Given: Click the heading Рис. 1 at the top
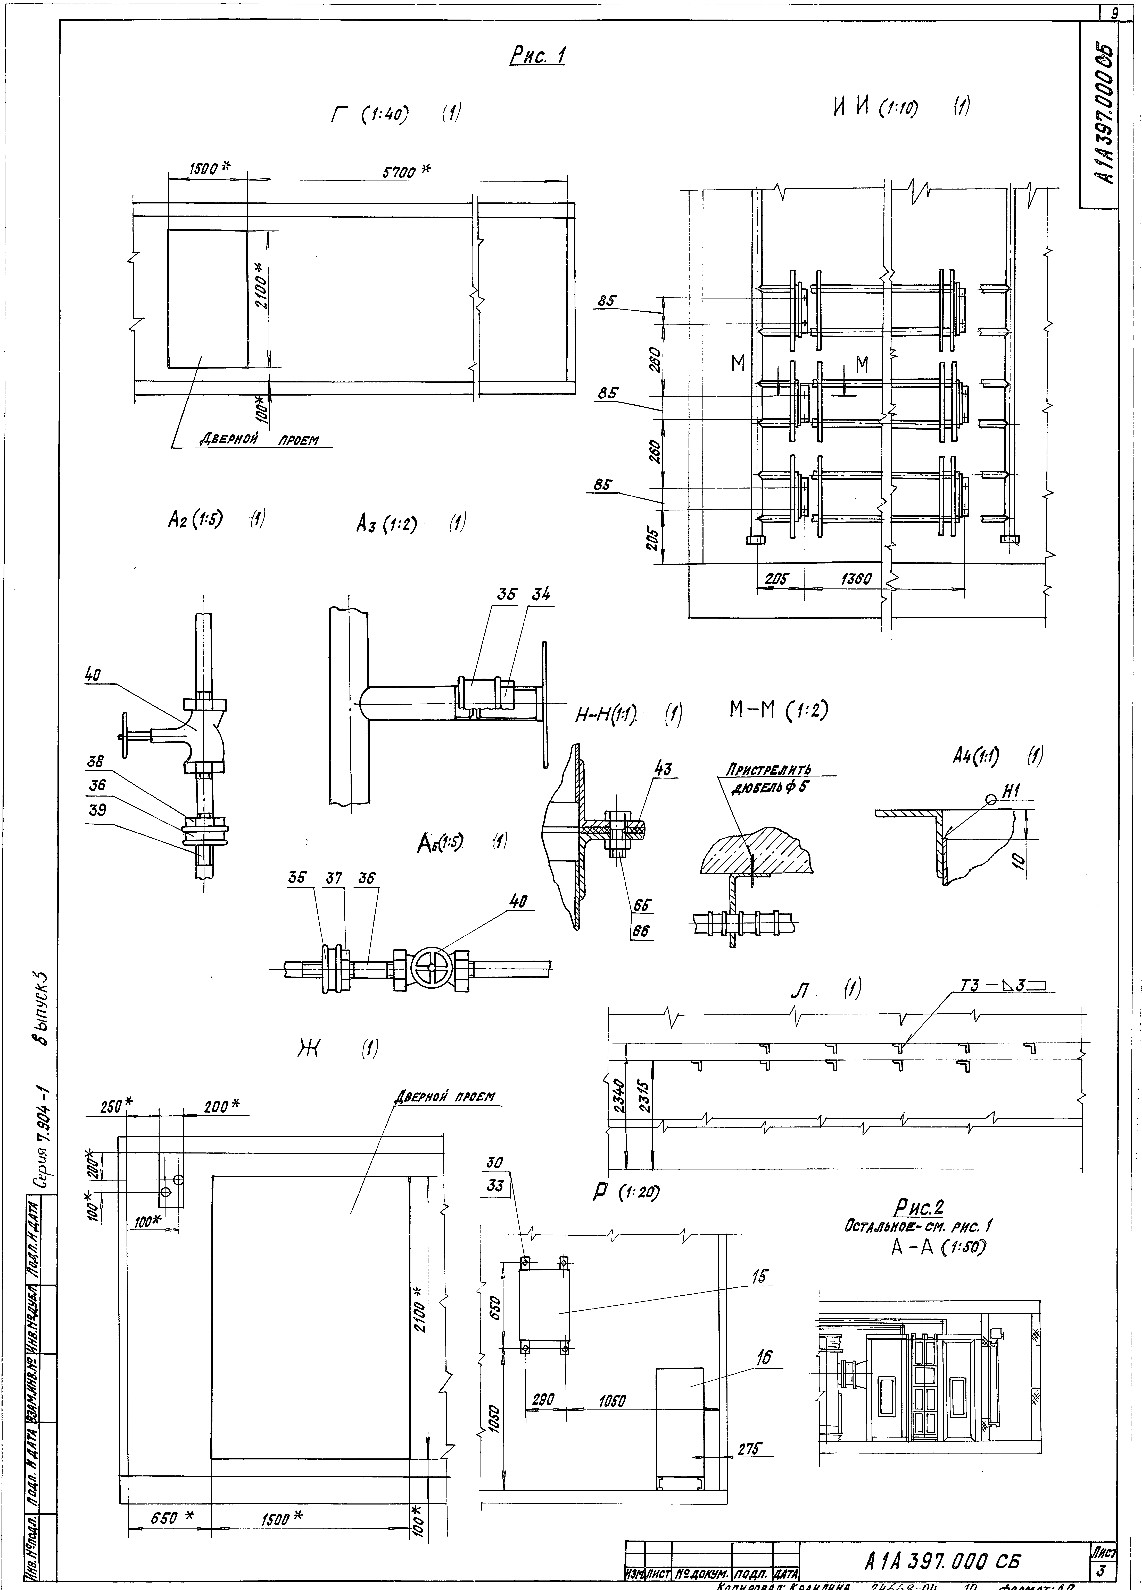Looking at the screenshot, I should [537, 56].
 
